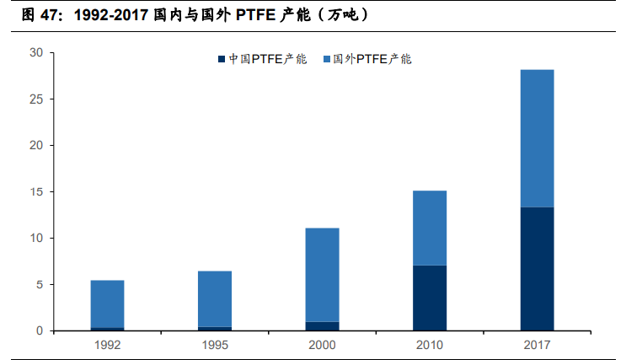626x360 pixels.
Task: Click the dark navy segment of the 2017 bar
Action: tap(537, 269)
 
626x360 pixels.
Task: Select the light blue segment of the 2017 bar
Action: tap(537, 138)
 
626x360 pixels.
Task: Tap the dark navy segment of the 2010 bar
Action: tap(430, 298)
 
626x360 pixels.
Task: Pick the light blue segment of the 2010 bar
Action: tap(430, 228)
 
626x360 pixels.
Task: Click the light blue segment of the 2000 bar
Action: tap(322, 275)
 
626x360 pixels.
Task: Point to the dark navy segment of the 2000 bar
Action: tap(322, 325)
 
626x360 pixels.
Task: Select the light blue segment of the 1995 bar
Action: tap(215, 298)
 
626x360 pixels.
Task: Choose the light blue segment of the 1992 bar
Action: tap(107, 304)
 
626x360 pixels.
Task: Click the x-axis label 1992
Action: tap(107, 345)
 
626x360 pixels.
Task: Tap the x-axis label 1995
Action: tap(215, 345)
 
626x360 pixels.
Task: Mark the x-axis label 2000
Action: tap(322, 345)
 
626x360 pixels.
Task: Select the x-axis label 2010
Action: tap(430, 345)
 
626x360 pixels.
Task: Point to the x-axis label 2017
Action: tap(537, 345)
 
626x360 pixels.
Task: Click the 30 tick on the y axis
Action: tap(35, 52)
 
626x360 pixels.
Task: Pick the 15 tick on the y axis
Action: tap(35, 191)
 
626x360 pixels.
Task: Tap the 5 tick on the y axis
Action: tap(39, 284)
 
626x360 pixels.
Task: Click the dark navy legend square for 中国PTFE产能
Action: tap(222, 59)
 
